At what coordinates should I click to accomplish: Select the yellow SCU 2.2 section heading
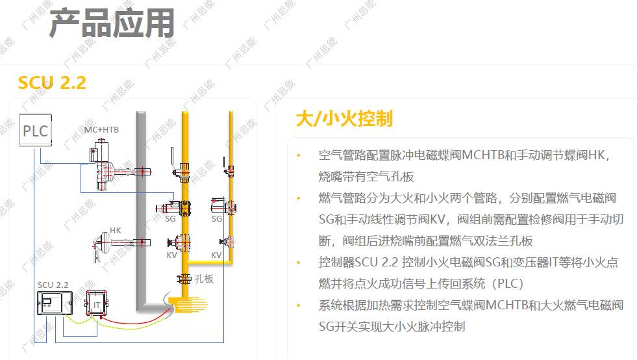52,83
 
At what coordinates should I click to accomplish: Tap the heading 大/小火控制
344,118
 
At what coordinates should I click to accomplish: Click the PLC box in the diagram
35,131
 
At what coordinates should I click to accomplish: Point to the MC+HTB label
102,130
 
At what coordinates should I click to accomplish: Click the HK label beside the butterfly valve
115,230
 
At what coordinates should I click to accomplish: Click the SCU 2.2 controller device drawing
56,305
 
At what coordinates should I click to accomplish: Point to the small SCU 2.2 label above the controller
53,285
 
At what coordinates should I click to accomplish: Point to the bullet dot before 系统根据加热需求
299,305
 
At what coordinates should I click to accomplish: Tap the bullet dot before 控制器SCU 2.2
299,263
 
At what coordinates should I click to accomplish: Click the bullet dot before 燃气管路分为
299,198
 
